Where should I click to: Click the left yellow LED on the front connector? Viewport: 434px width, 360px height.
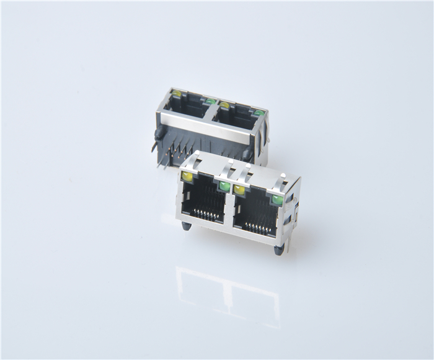tap(187, 177)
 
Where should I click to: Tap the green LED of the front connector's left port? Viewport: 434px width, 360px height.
tap(224, 186)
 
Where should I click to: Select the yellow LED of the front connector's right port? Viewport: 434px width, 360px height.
tap(239, 190)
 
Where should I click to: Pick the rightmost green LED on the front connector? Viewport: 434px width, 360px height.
tap(277, 200)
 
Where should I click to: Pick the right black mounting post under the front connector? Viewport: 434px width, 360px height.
tap(279, 250)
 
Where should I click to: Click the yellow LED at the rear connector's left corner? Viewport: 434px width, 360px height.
tap(177, 94)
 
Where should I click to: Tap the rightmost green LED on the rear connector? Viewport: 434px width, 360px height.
tap(258, 114)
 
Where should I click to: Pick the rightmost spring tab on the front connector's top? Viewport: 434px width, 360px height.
tap(282, 181)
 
